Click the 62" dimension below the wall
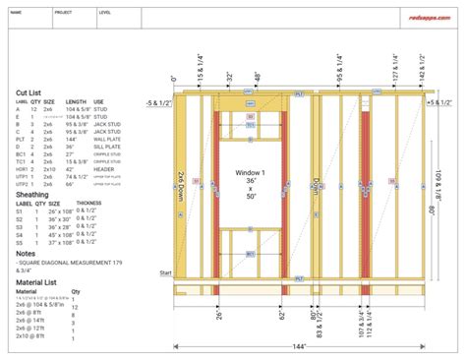(281, 316)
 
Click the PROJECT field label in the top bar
(63, 14)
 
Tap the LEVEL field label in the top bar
(105, 14)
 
